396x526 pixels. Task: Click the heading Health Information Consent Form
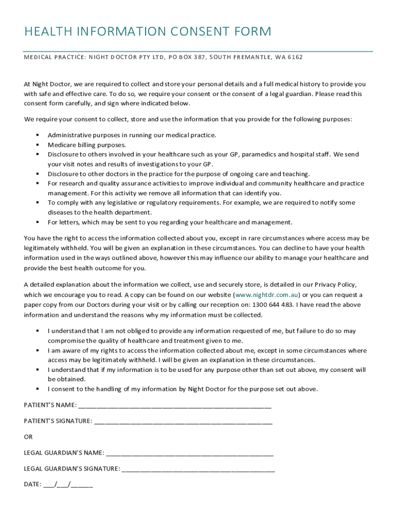point(148,32)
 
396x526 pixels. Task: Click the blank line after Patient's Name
point(175,405)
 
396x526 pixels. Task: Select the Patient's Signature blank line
point(183,421)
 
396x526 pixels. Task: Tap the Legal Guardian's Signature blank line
point(198,468)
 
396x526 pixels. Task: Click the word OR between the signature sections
point(28,437)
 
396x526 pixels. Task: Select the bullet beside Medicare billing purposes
point(38,144)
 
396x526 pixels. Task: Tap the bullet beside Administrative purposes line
point(38,135)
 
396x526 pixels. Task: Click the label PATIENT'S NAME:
point(50,405)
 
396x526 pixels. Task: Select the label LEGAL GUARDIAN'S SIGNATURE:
point(72,468)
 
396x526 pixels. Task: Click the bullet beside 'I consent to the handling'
point(38,388)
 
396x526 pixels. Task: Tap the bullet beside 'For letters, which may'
point(38,222)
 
